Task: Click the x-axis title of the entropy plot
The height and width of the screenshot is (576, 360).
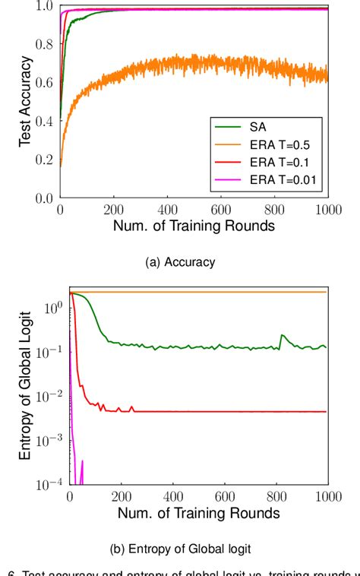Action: [x=198, y=513]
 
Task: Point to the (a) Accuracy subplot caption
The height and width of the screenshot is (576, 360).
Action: [x=179, y=262]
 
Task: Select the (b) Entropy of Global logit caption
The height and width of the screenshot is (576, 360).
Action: [x=179, y=547]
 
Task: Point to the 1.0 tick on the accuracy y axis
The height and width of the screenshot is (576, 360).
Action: [x=44, y=7]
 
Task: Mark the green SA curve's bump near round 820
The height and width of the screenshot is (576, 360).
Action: [x=283, y=335]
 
